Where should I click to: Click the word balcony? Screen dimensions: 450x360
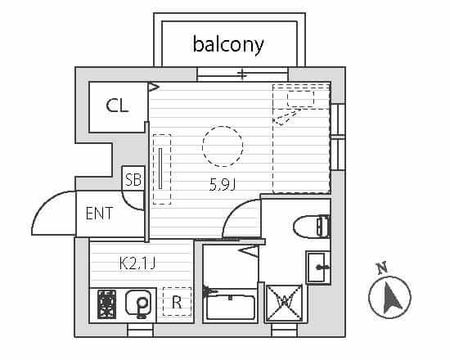pyautogui.click(x=228, y=45)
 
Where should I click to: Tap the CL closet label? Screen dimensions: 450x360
pyautogui.click(x=117, y=106)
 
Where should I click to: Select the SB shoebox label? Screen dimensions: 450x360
pyautogui.click(x=133, y=179)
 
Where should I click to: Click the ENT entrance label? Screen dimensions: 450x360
pyautogui.click(x=99, y=214)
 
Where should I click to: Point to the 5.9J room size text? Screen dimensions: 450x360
pyautogui.click(x=223, y=185)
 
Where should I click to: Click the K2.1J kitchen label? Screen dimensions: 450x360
pyautogui.click(x=137, y=263)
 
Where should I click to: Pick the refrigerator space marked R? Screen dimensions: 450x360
pyautogui.click(x=177, y=302)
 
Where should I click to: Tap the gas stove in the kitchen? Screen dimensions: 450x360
pyautogui.click(x=106, y=304)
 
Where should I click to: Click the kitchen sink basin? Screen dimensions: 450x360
pyautogui.click(x=138, y=304)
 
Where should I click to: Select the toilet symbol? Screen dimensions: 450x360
pyautogui.click(x=312, y=227)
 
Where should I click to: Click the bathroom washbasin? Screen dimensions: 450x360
pyautogui.click(x=318, y=268)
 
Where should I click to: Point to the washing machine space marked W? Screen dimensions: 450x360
pyautogui.click(x=285, y=303)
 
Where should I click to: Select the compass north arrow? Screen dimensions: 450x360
pyautogui.click(x=390, y=298)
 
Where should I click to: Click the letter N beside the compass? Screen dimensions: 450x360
pyautogui.click(x=382, y=268)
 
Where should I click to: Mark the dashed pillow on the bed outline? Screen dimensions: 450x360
pyautogui.click(x=300, y=99)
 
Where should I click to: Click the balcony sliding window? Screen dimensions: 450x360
pyautogui.click(x=242, y=74)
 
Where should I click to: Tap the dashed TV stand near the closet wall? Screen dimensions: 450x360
pyautogui.click(x=162, y=169)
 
